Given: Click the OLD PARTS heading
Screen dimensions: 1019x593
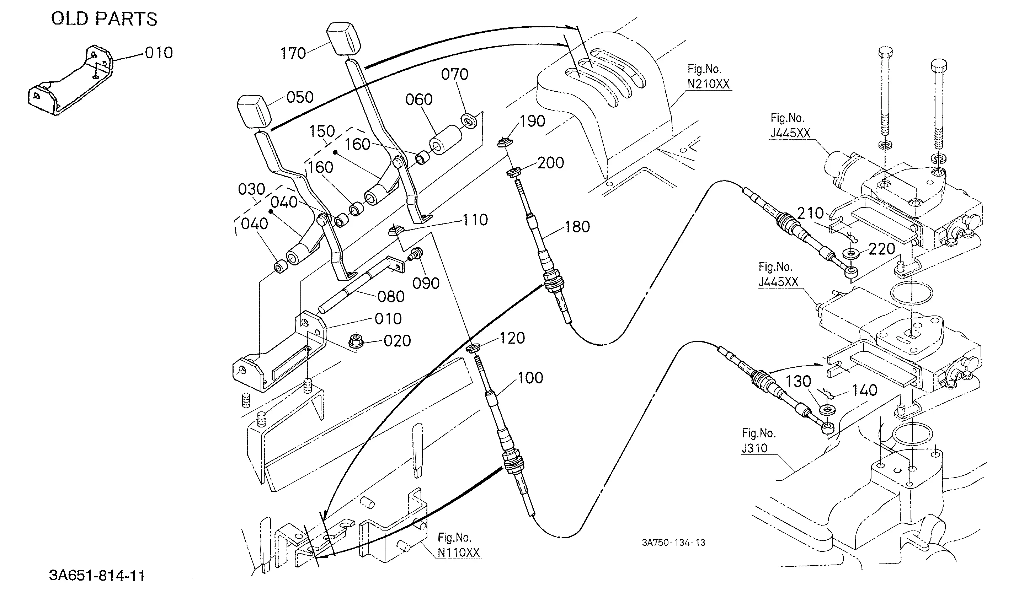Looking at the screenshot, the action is [x=104, y=19].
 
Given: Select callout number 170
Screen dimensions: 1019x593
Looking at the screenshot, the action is [x=293, y=53].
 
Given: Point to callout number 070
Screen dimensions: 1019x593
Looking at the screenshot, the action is [x=454, y=74].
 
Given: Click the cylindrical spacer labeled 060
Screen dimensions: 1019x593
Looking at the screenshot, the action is [x=445, y=139].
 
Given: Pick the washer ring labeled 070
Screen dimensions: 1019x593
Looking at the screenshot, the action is [x=469, y=121].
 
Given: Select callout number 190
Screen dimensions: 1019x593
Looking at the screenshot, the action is [x=532, y=121].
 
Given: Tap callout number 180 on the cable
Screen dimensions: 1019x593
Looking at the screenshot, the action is [x=577, y=227].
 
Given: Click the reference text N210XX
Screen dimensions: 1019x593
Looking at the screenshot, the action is [x=709, y=84].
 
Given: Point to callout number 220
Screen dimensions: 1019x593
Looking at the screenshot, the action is [x=881, y=249].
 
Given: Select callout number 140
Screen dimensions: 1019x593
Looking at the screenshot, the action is [x=865, y=390].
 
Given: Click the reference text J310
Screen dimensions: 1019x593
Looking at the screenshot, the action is [x=754, y=448].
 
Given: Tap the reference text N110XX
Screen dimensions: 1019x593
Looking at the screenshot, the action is [x=459, y=552].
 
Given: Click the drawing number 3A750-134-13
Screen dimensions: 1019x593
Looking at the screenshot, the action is [x=674, y=543].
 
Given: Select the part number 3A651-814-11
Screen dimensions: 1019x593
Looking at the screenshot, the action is [x=97, y=576].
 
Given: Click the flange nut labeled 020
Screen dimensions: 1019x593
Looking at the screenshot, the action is [x=356, y=341].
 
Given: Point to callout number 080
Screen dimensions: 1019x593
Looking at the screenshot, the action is [x=391, y=297].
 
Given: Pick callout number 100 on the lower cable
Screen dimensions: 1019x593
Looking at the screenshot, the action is [x=530, y=378].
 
